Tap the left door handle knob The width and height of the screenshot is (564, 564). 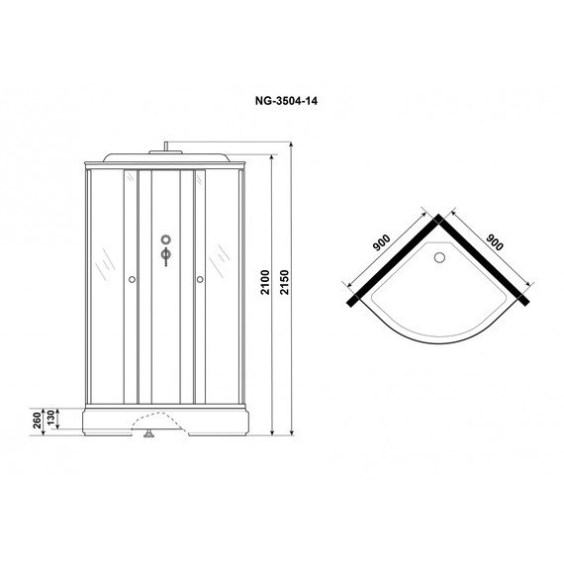coord(131,280)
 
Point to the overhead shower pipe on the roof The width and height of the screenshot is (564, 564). coord(166,148)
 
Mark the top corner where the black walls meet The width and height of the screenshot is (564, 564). coord(436,221)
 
